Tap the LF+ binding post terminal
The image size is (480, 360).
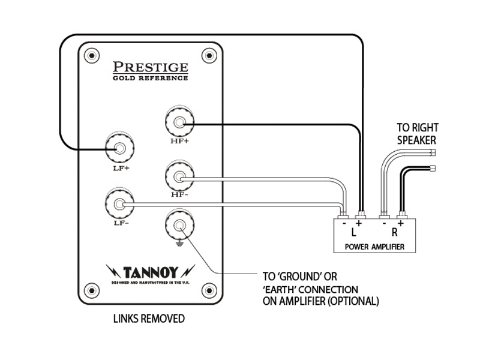coord(119,148)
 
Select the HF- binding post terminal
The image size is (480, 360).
coord(179,176)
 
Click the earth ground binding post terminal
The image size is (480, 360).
coord(179,226)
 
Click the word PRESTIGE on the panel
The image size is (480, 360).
coord(151,65)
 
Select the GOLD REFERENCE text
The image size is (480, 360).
coord(151,77)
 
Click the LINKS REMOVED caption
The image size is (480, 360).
coord(149,319)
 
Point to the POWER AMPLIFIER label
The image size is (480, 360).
coord(375,247)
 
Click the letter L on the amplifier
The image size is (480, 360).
coord(354,231)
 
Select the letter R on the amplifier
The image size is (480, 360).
coord(394,231)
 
